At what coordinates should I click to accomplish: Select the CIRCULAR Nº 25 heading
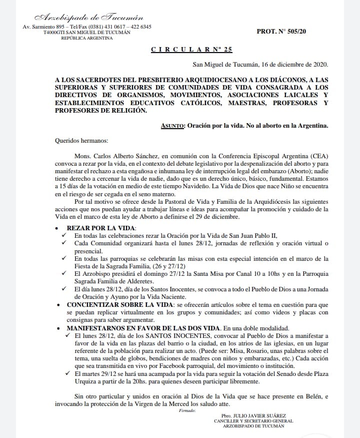tap(191, 49)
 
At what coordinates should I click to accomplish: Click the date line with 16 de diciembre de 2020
tap(260, 65)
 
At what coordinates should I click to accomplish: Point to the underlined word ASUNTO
tap(173, 126)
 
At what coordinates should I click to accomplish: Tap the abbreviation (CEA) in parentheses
tap(317, 156)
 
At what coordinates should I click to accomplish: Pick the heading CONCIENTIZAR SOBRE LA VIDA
tap(119, 304)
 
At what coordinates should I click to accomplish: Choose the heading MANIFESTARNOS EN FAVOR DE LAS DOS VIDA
tap(143, 328)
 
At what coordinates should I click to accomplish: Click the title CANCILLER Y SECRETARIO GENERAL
tap(253, 421)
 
